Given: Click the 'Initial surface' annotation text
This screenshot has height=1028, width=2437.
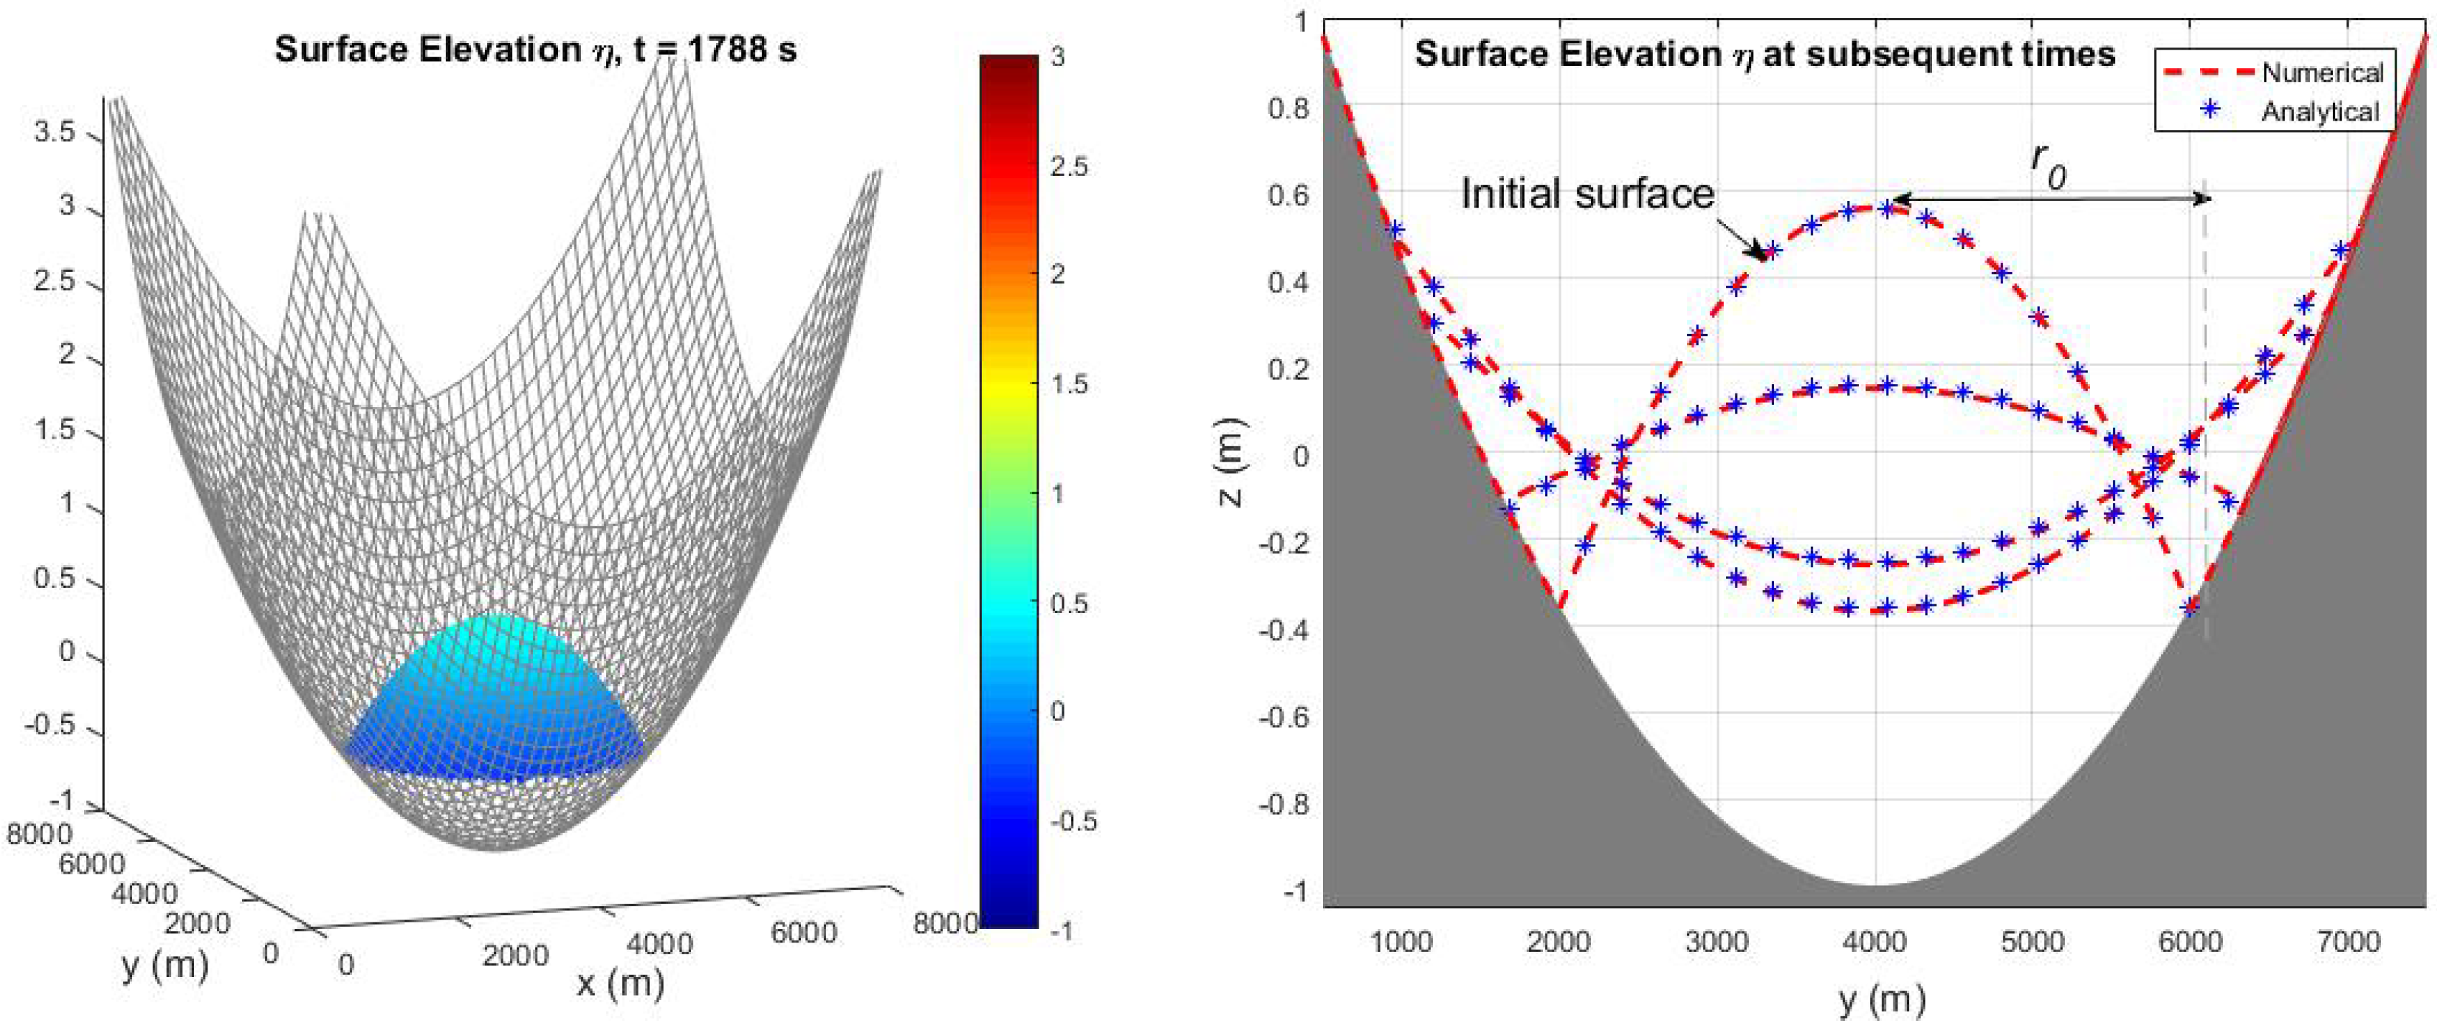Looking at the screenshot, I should tap(1587, 194).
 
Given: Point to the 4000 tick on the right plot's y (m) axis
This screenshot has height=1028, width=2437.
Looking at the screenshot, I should tap(1876, 942).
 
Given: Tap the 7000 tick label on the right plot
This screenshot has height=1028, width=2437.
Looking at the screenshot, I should tap(2350, 942).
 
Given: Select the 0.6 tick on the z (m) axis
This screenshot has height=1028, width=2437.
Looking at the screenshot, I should tap(1288, 196).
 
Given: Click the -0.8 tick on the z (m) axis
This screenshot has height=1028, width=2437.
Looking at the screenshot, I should tap(1283, 805).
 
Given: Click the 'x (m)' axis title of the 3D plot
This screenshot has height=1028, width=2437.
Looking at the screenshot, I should tap(620, 983).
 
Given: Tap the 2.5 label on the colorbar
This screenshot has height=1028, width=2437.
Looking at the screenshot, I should tap(1069, 167).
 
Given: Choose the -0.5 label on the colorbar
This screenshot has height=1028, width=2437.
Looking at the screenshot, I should tap(1073, 821).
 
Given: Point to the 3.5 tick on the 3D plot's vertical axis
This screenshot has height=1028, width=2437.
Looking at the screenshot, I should tap(54, 132).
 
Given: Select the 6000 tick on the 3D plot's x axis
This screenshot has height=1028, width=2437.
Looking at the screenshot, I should tap(803, 933).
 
